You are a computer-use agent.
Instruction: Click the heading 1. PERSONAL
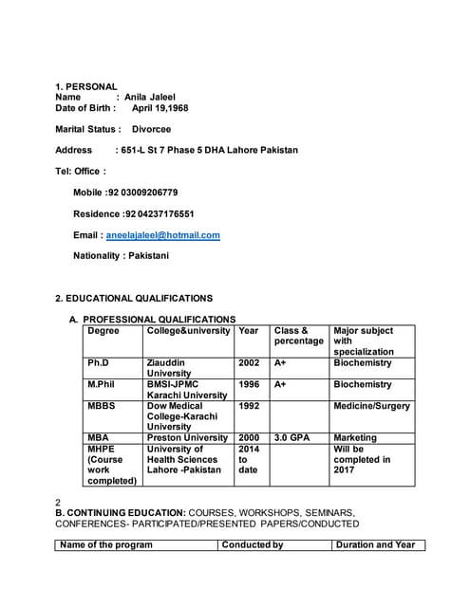pos(85,86)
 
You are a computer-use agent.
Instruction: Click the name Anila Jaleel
pos(150,97)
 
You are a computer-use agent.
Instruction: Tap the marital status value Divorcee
pos(151,129)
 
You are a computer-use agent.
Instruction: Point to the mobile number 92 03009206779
pos(142,192)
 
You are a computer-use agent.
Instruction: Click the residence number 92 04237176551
pos(159,213)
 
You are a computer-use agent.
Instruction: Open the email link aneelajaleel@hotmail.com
pos(163,234)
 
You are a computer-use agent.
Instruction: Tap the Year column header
pos(249,331)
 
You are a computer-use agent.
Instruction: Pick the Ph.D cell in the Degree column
pos(98,362)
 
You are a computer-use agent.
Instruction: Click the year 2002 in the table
pos(249,362)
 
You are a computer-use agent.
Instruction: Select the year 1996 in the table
pos(249,384)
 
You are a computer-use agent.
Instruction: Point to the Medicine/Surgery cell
pos(372,406)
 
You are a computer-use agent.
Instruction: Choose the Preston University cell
pos(187,438)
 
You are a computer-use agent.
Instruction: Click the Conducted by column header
pos(252,545)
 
